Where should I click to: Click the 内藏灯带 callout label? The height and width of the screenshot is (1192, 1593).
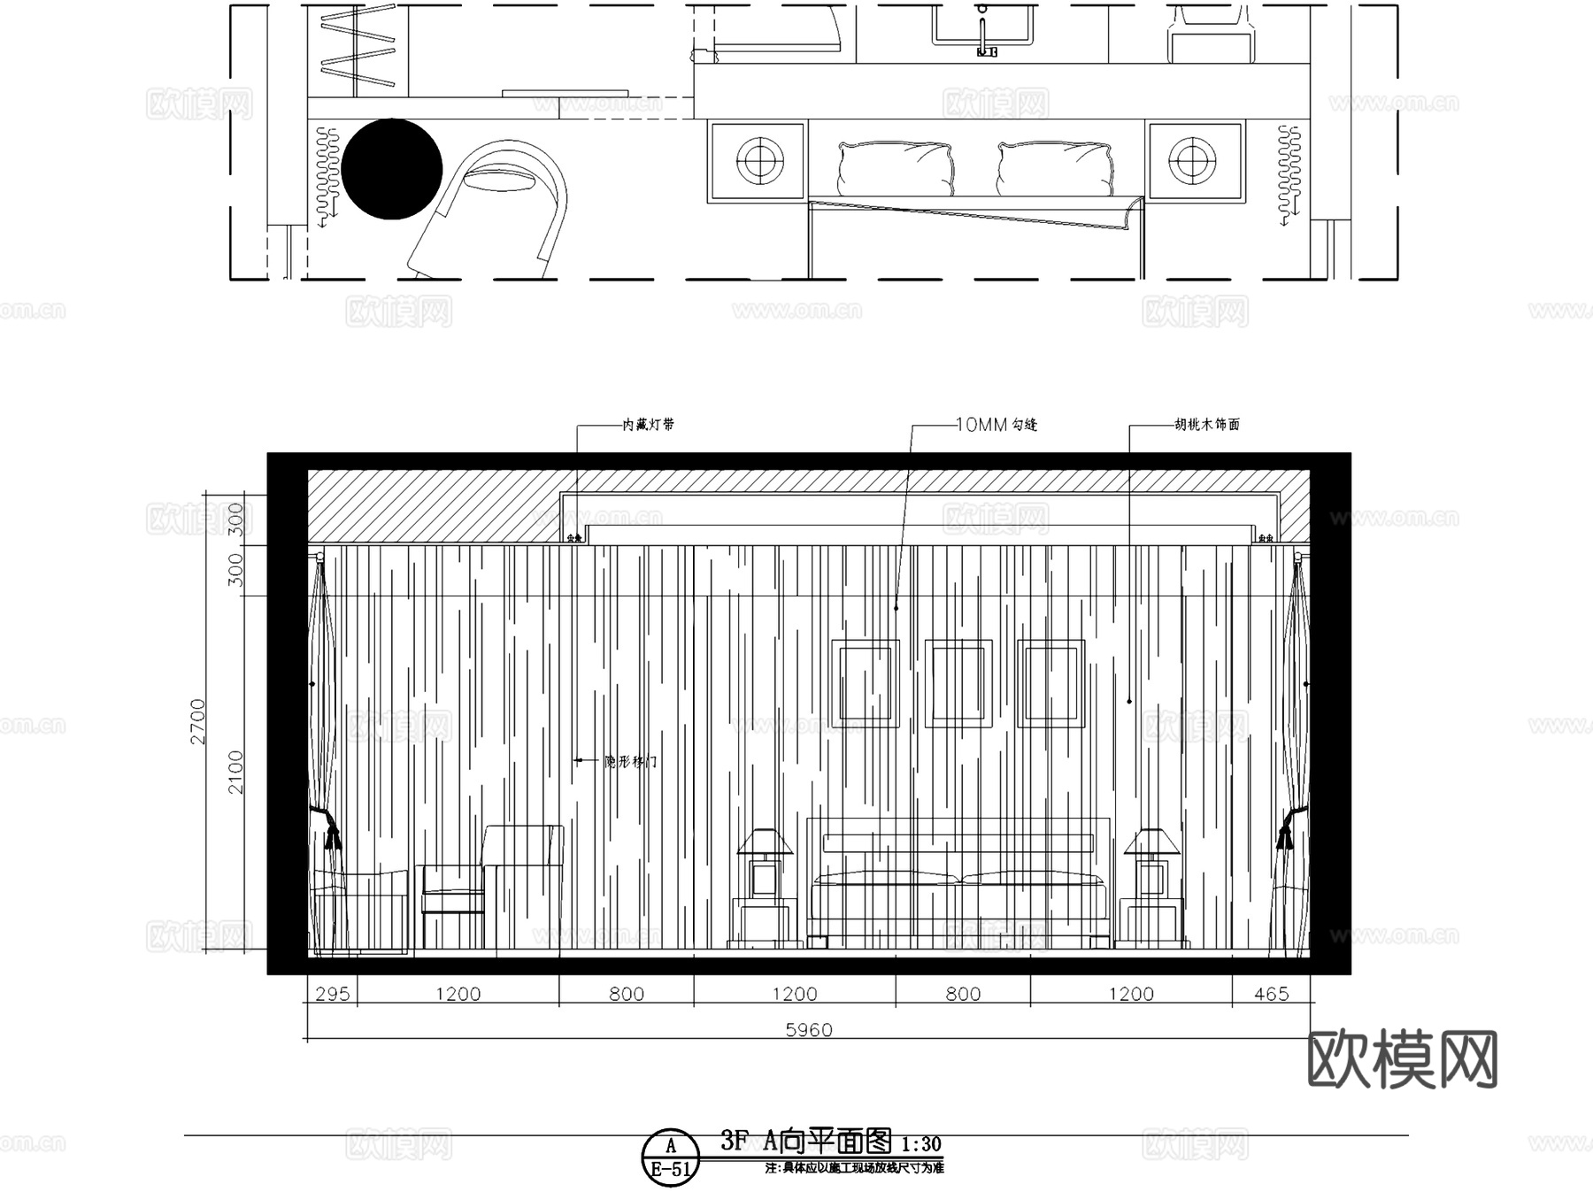[648, 425]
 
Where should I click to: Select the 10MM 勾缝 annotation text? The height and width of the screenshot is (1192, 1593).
[996, 425]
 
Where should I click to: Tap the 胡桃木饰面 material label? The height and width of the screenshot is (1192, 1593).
[1206, 425]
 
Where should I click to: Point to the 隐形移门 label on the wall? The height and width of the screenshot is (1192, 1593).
[631, 761]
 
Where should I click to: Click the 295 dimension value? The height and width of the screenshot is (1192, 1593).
[332, 994]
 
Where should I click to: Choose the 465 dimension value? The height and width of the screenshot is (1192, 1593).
[1271, 994]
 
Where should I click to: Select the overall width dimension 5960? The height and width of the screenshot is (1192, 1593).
[809, 1030]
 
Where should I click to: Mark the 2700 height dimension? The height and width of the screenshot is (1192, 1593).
[197, 721]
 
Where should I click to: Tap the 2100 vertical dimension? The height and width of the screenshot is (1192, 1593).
[235, 772]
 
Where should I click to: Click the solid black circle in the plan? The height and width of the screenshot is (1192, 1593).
[391, 169]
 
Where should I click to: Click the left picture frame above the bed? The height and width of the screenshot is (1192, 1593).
[866, 683]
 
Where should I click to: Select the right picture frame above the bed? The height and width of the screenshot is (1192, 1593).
[1051, 683]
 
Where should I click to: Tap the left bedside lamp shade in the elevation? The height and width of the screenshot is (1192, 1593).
[764, 842]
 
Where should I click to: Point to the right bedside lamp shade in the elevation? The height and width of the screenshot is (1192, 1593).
[1151, 842]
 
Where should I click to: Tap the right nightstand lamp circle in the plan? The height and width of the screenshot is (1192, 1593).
[1193, 161]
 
